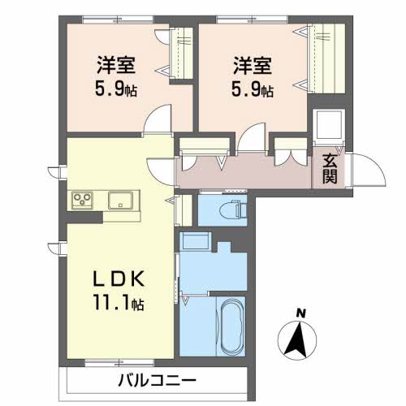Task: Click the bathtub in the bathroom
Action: pos(231,327)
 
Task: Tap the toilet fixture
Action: pos(234,210)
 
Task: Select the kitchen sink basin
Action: pos(120,201)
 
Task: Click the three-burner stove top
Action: pos(82,201)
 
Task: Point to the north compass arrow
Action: pos(297,340)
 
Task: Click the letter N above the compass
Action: pos(300,313)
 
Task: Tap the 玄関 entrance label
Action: pos(330,169)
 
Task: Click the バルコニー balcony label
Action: pos(157,381)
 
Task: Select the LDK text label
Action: pos(119,279)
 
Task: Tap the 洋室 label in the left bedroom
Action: pos(116,65)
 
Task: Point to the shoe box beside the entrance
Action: pos(329,125)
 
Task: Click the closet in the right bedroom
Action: pos(326,58)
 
